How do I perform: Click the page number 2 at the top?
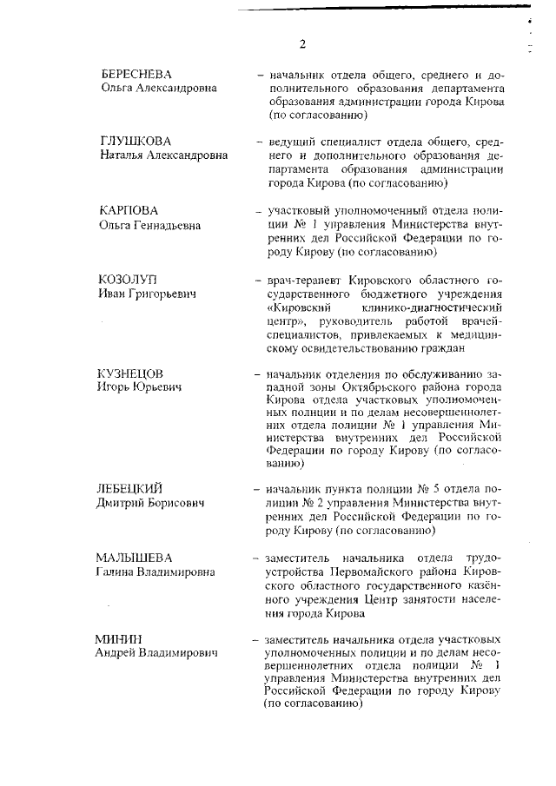pos(302,44)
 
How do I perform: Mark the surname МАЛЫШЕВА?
pos(134,557)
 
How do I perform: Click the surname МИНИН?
pos(118,638)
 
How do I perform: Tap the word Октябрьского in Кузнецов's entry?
pos(357,386)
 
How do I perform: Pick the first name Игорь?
pos(113,386)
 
